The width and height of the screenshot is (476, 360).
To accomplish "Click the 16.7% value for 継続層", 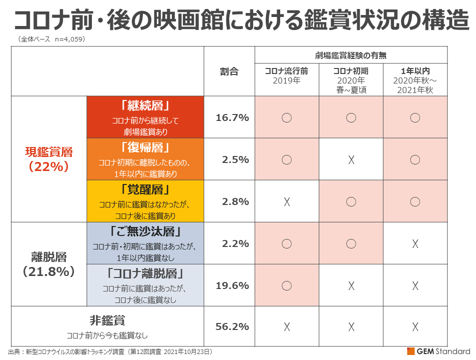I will [x=232, y=117].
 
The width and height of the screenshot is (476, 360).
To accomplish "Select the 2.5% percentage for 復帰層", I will [x=236, y=159].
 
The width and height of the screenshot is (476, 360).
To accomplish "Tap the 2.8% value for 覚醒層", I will [x=236, y=201].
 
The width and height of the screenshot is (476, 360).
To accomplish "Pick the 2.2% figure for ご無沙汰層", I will [x=236, y=243].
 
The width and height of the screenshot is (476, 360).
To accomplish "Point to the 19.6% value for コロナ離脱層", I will [x=232, y=285].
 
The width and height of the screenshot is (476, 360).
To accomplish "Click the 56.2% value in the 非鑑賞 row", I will [x=232, y=326].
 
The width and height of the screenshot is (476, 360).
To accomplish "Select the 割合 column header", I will [x=229, y=71].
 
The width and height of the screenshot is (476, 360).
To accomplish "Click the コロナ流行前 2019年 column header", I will [x=287, y=75].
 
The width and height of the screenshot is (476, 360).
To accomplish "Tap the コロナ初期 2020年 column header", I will [x=351, y=80].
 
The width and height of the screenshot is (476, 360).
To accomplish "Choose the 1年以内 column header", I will [x=415, y=80].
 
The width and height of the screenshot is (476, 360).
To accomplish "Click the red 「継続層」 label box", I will [x=145, y=117].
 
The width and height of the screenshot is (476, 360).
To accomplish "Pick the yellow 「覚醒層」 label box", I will [x=145, y=201].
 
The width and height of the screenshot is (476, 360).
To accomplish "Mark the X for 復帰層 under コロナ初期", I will [x=351, y=160].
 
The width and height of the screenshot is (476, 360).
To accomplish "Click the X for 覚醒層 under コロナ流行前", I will [x=287, y=202].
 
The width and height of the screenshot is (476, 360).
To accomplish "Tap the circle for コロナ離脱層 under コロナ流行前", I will [x=287, y=285].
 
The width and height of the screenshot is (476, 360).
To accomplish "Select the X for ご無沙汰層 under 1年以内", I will [x=415, y=244].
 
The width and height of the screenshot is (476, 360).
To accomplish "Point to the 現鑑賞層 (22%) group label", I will [x=49, y=159].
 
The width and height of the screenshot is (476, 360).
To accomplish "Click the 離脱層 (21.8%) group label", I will [x=49, y=264].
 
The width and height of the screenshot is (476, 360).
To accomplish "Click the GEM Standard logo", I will [x=439, y=351].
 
